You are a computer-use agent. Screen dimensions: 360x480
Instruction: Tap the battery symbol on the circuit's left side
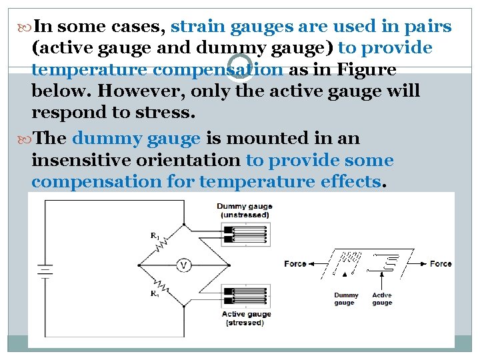(45, 270)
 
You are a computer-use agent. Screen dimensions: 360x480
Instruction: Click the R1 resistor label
(154, 235)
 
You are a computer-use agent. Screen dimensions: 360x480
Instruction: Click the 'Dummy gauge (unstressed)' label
(244, 211)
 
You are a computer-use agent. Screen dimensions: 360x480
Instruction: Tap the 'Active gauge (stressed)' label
(246, 318)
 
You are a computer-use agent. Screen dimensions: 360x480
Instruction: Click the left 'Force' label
(295, 263)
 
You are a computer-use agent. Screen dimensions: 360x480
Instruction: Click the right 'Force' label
(441, 263)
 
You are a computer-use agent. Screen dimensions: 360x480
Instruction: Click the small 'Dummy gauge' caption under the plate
(346, 299)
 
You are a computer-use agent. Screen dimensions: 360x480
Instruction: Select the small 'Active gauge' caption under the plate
(382, 299)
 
